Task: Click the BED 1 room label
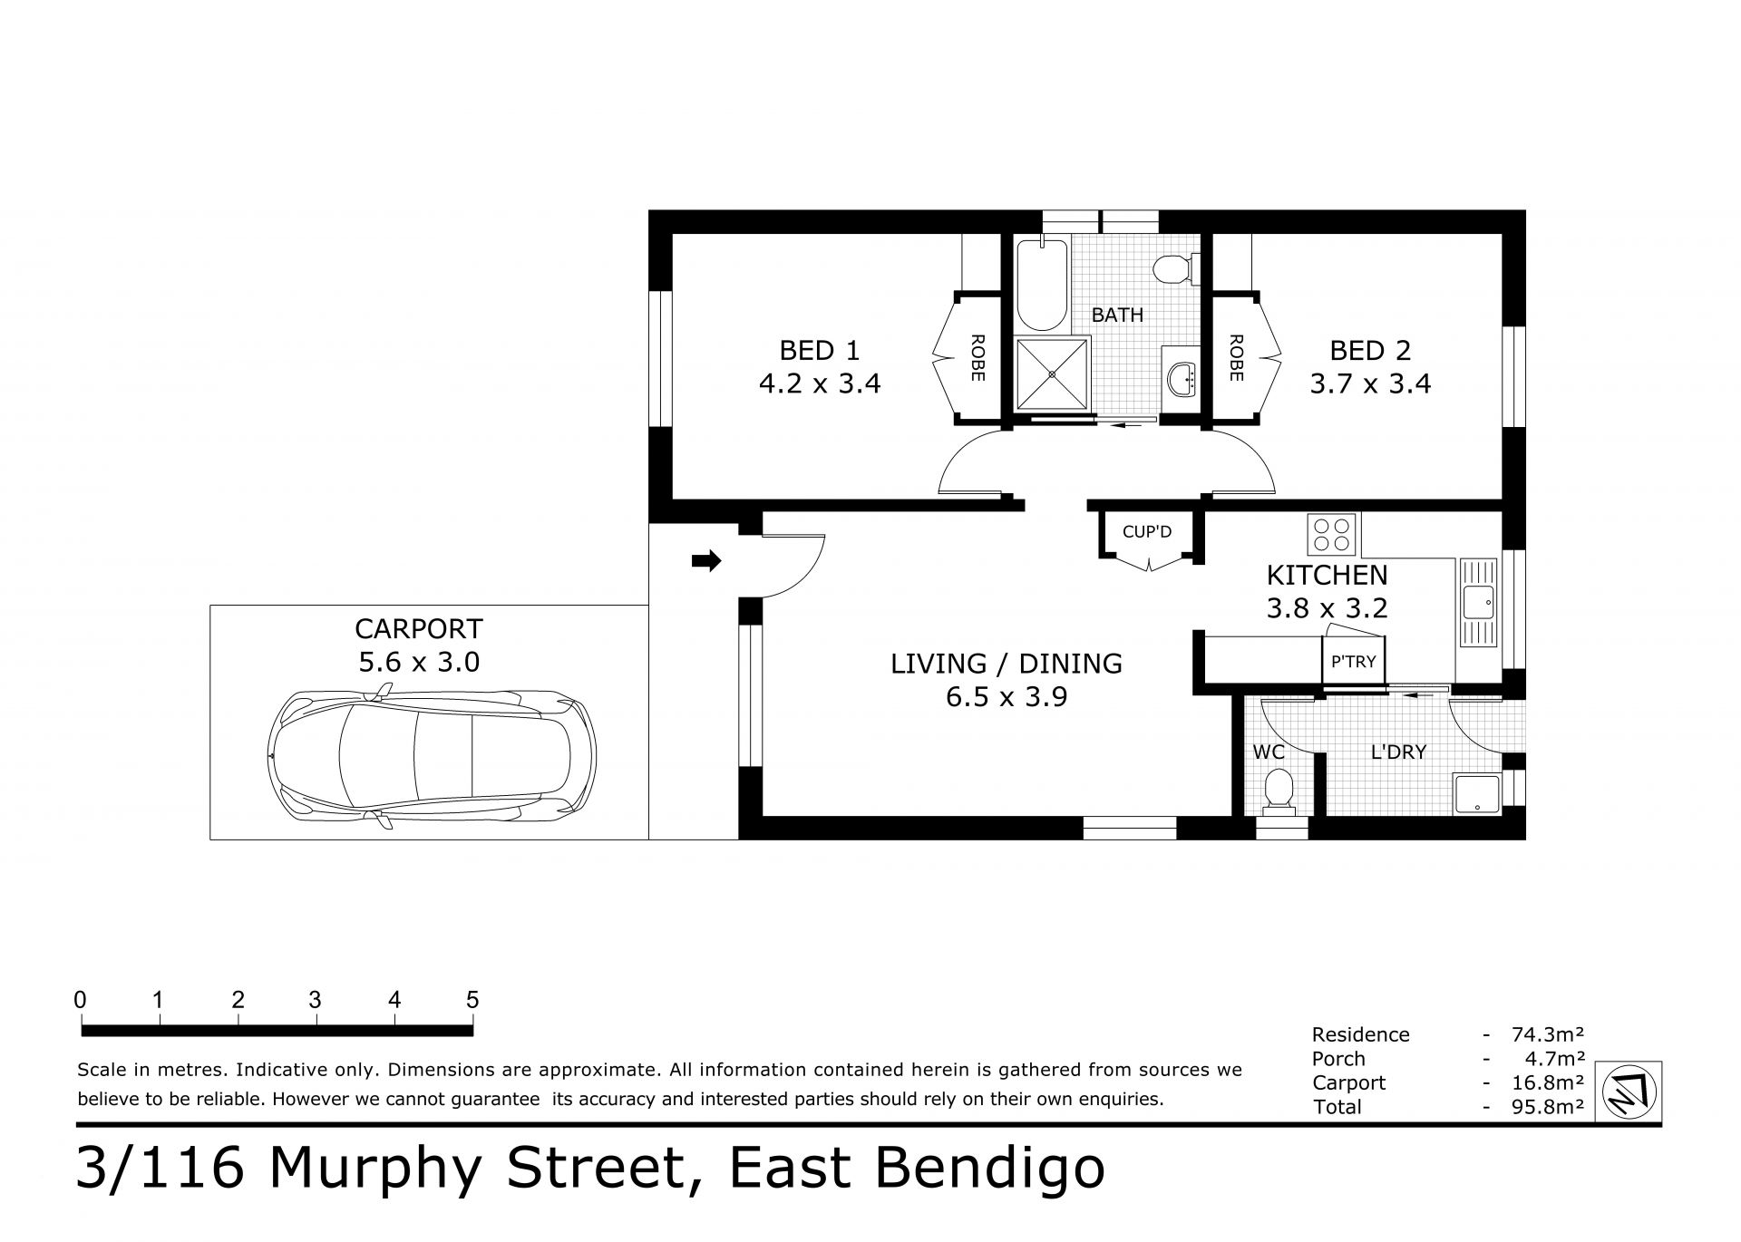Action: (x=819, y=350)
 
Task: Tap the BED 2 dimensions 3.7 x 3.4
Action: (x=1370, y=383)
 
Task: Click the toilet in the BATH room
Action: (x=1175, y=269)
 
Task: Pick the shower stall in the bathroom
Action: (x=1052, y=374)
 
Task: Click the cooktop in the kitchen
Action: (x=1332, y=534)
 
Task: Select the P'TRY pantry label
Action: (x=1353, y=662)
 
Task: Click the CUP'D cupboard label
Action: (x=1147, y=531)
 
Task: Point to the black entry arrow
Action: (x=706, y=561)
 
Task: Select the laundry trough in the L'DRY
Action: (x=1477, y=794)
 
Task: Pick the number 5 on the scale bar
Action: (x=472, y=1000)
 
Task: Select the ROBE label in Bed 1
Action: (x=977, y=358)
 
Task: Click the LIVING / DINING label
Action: (x=1007, y=664)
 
